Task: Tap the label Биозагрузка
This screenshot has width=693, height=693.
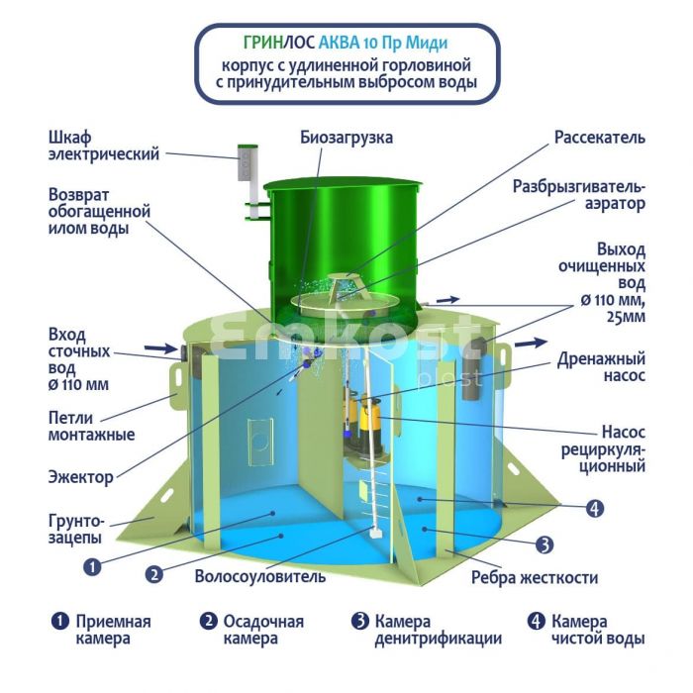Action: coord(346,138)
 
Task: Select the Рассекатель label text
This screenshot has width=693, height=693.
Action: coord(600,138)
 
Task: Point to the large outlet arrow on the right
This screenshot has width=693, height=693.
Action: coord(532,343)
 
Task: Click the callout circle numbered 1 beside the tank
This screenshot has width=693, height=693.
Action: coord(93,566)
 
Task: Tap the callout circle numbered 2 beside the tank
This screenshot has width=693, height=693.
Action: coord(154,574)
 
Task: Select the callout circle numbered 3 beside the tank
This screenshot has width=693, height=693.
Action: coord(544,544)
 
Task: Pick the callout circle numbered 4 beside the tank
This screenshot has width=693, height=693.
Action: coord(594,508)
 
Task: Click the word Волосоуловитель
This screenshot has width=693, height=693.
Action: coord(260,576)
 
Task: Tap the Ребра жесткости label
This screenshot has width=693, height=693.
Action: coord(535,577)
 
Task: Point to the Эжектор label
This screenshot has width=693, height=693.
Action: coord(81,477)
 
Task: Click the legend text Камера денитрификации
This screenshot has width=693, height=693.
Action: coord(439,630)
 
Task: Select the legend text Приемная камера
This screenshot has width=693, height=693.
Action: coord(114,630)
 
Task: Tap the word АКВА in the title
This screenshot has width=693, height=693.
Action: coord(339,43)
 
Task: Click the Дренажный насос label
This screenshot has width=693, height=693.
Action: coord(601,367)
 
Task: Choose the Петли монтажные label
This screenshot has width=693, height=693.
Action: coord(91,426)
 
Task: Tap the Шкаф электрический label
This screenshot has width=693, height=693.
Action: coord(104,146)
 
